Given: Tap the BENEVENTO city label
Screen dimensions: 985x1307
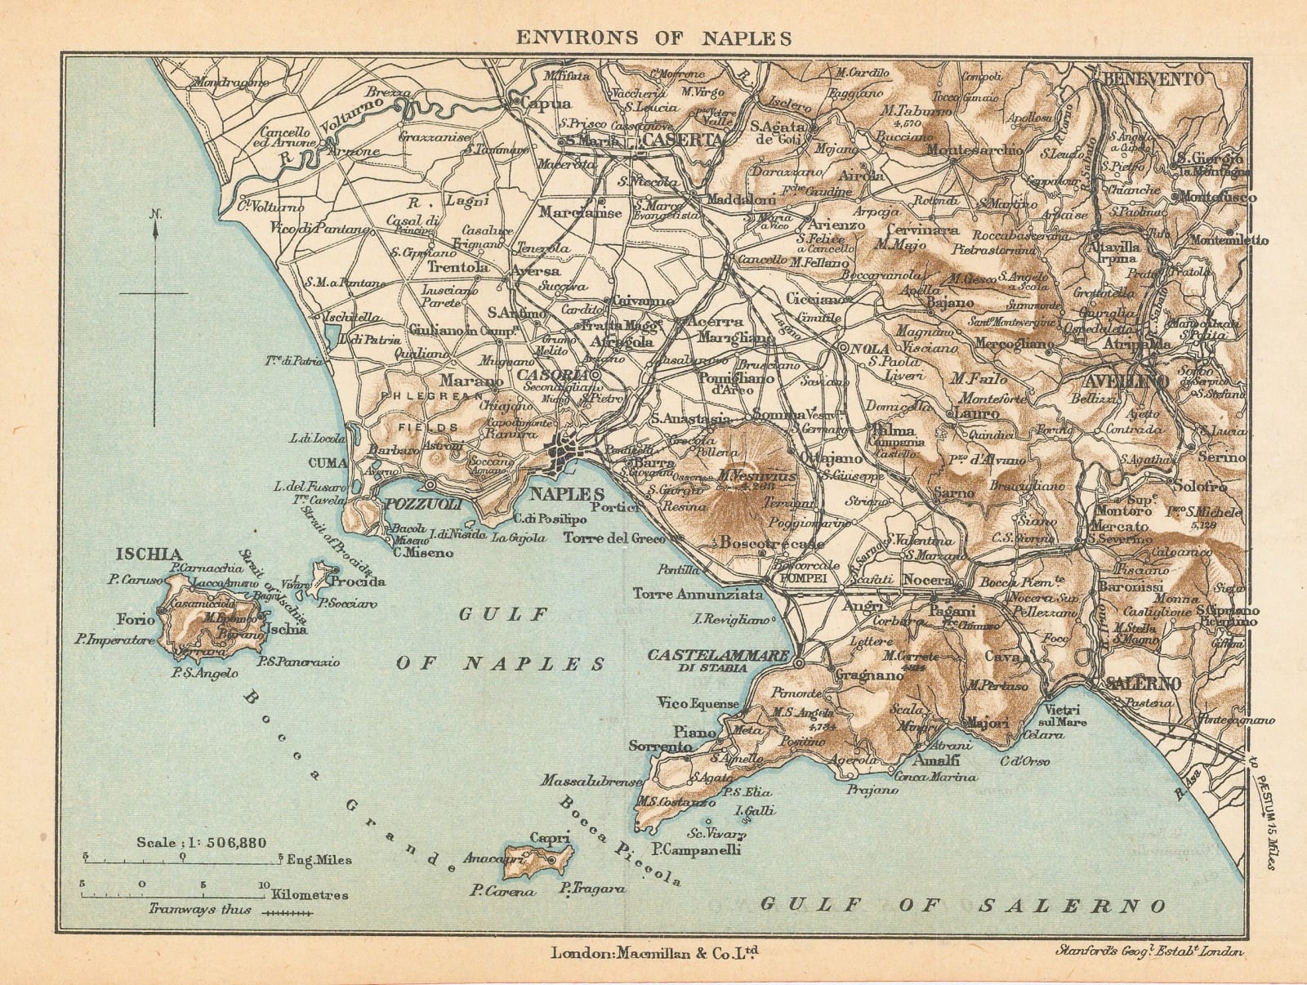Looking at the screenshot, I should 1154,79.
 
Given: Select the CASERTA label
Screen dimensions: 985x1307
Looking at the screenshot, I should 684,140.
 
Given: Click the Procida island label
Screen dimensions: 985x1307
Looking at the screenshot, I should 358,582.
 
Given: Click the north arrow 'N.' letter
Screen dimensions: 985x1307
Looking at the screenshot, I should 155,215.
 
